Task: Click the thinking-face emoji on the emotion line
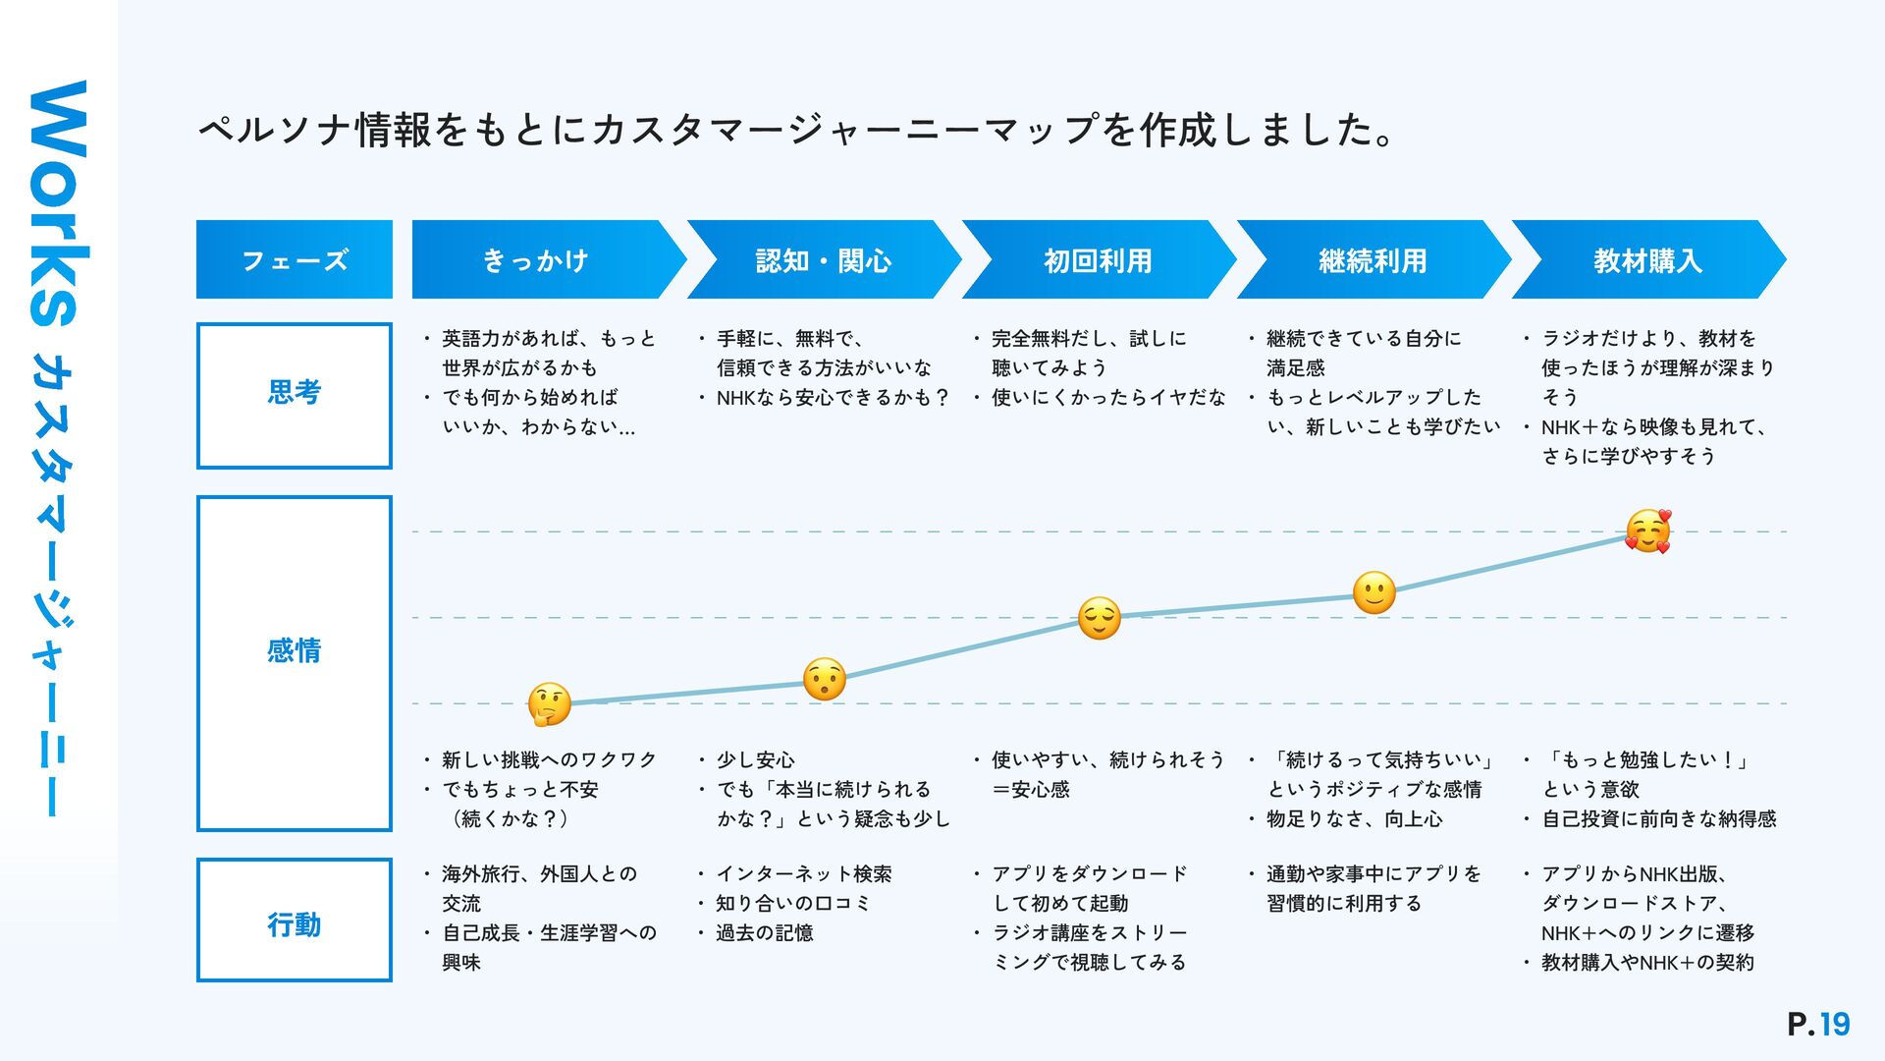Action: [549, 704]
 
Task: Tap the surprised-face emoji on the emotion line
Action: [825, 679]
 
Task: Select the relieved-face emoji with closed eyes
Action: [1099, 618]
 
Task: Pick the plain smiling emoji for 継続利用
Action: [1373, 593]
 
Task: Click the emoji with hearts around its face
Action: [1647, 531]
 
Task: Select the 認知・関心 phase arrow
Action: [823, 260]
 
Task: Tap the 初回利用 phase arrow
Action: [1098, 260]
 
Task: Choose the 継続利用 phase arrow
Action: [1373, 260]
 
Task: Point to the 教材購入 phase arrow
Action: [1647, 260]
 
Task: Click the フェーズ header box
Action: [295, 260]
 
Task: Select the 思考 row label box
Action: [295, 395]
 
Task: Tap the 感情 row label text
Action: [295, 650]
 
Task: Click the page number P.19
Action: [1818, 1025]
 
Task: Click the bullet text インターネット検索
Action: [803, 874]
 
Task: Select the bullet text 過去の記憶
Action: [764, 933]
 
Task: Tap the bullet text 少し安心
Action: [755, 760]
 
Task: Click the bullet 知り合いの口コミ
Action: [793, 904]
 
